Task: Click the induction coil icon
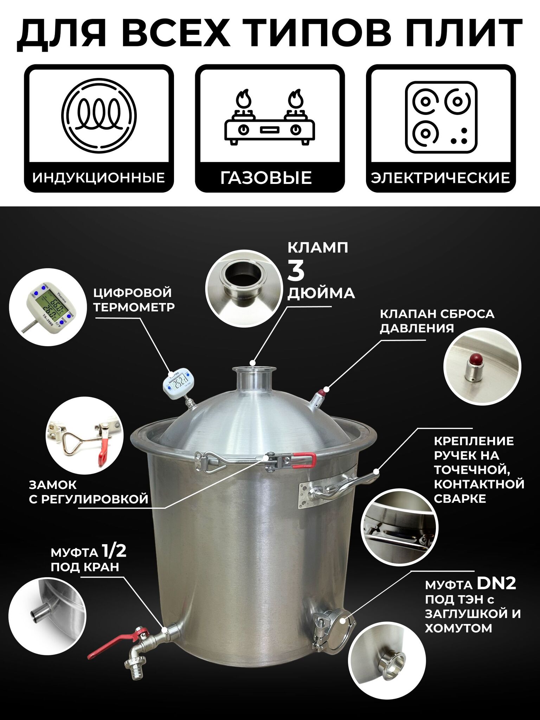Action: (99, 115)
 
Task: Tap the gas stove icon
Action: (270, 117)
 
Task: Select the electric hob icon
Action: (441, 117)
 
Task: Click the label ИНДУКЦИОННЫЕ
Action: (99, 178)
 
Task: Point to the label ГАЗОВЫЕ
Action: (266, 178)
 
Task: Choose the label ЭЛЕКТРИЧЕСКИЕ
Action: (441, 178)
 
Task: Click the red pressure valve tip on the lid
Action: (321, 392)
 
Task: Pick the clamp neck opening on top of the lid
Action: (252, 368)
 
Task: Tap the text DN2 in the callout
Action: (496, 584)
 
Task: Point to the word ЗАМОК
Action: (53, 485)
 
